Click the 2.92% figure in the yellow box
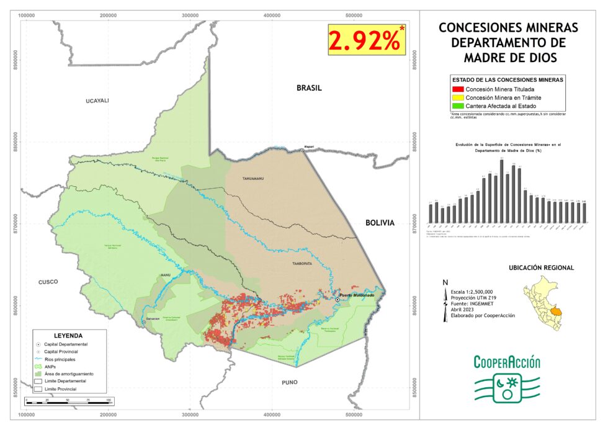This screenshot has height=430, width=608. point(364,40)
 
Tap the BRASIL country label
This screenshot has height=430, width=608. point(308,88)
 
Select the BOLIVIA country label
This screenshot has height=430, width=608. point(380,223)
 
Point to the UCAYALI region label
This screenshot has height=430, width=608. point(97,101)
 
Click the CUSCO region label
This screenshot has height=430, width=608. point(47,282)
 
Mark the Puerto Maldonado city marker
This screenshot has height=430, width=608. point(338,300)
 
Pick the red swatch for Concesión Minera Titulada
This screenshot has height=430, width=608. point(458,89)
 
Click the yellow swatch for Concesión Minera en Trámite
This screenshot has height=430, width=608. point(458,98)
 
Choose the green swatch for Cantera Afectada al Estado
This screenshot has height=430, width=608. point(458,107)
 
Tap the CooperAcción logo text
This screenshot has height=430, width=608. point(507,362)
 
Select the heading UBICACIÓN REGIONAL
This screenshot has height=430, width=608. point(541,267)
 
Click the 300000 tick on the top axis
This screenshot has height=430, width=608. point(190,14)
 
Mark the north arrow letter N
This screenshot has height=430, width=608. point(445,282)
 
